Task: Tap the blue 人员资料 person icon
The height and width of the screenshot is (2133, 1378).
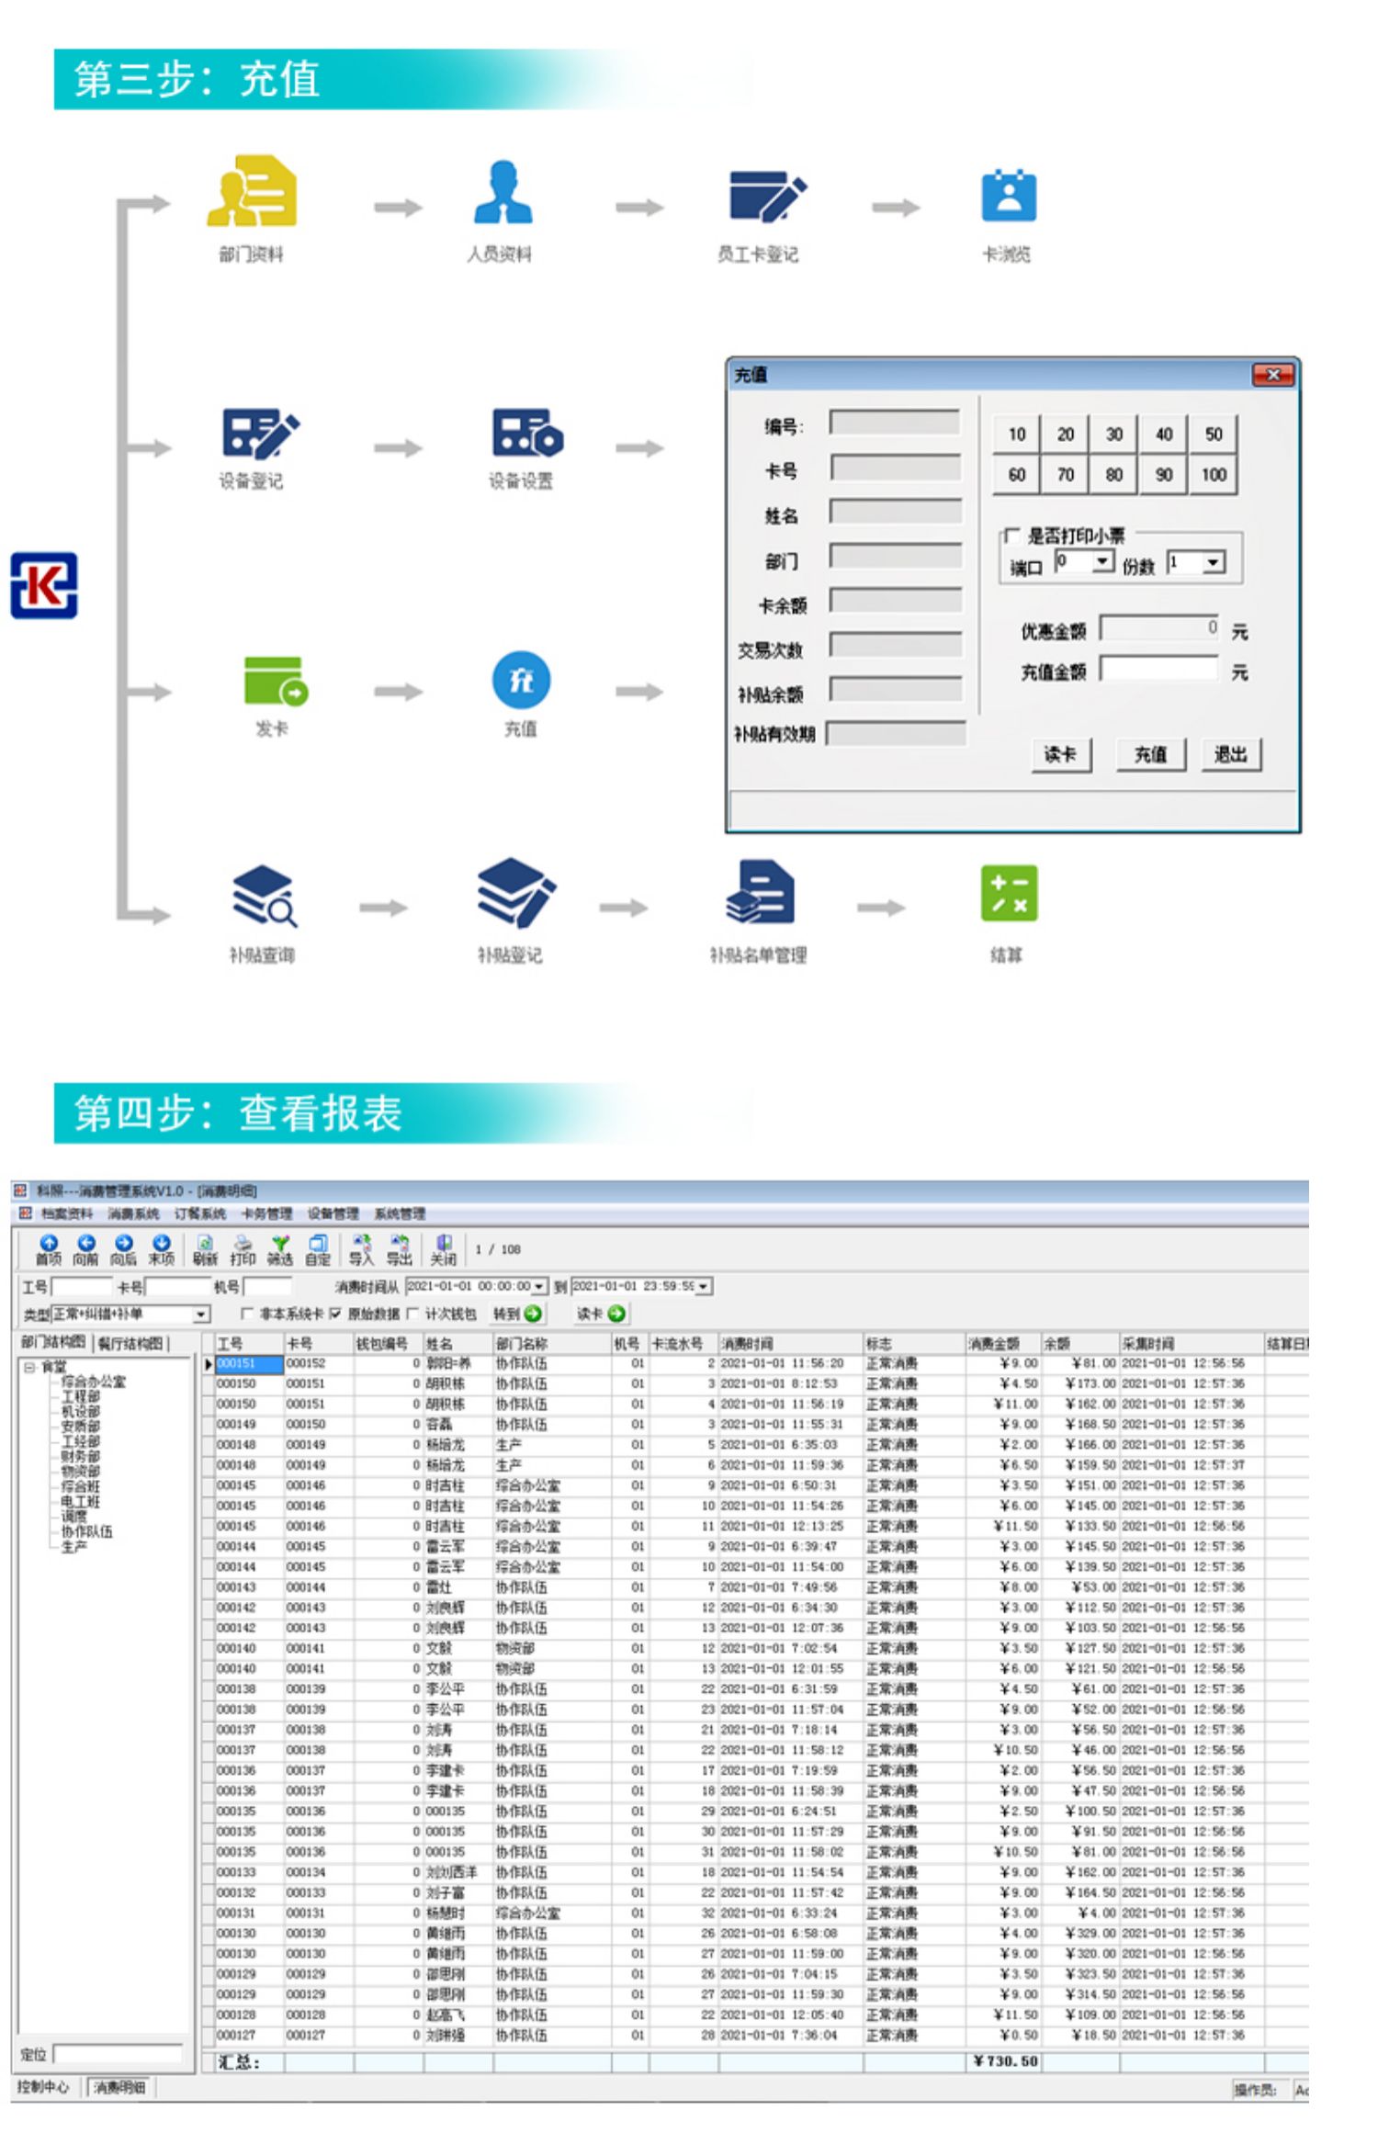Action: (x=503, y=192)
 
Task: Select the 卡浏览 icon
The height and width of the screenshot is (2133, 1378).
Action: (x=1008, y=195)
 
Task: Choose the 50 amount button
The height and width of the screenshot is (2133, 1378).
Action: (x=1213, y=434)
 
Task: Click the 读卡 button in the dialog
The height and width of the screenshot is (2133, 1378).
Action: (x=1060, y=755)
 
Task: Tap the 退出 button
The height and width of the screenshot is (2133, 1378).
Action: (x=1230, y=755)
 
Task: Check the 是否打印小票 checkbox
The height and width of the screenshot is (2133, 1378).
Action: (x=1011, y=536)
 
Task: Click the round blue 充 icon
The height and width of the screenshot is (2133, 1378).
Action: (x=521, y=681)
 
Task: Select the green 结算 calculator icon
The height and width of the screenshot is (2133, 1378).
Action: (x=1008, y=892)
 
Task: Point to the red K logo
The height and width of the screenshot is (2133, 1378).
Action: (x=44, y=585)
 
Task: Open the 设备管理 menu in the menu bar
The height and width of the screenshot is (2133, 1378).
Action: (x=333, y=1213)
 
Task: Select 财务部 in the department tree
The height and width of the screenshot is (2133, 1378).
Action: (x=80, y=1456)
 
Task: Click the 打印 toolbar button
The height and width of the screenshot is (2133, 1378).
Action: (x=243, y=1250)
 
